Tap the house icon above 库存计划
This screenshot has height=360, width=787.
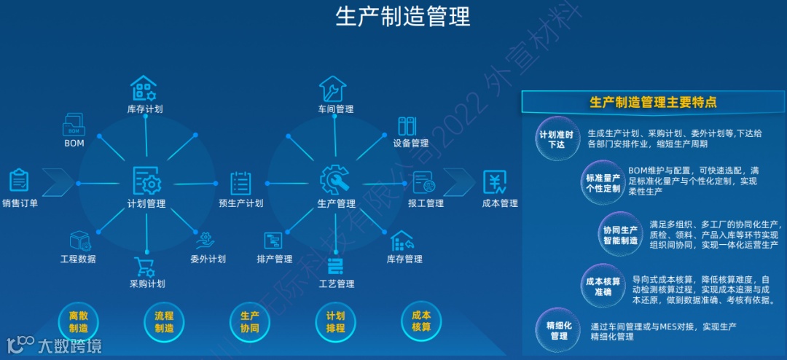[x=144, y=88]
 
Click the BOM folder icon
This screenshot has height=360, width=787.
[x=74, y=124]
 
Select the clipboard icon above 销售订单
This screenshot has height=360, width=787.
[x=20, y=180]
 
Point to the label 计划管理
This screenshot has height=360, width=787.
[x=146, y=204]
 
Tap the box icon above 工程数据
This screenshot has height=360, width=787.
[x=79, y=240]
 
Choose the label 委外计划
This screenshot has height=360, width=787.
[x=208, y=259]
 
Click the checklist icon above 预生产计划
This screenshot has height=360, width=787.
[x=241, y=182]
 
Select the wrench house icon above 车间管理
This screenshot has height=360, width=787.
[x=334, y=89]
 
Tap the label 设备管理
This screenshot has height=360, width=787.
[x=411, y=144]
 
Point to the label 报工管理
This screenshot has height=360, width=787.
[x=426, y=203]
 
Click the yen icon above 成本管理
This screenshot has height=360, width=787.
[x=495, y=181]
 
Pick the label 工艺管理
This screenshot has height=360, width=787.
[x=336, y=283]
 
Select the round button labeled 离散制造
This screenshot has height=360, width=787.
[x=78, y=322]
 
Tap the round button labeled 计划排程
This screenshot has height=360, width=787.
[x=335, y=322]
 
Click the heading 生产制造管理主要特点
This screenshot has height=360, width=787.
[x=652, y=103]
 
